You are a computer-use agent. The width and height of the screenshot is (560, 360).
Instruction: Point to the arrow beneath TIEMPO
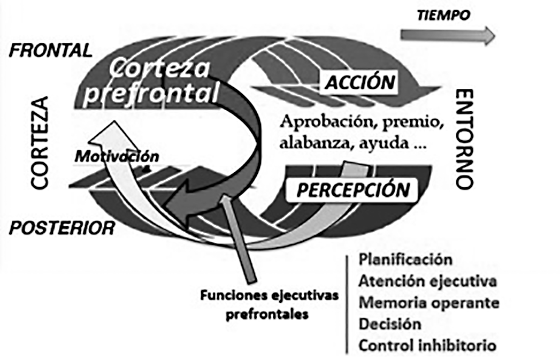449,35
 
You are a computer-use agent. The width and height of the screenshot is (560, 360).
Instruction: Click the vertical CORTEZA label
40,142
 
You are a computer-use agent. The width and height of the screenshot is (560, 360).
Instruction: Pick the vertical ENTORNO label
465,139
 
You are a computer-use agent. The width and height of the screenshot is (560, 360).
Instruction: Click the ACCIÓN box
361,82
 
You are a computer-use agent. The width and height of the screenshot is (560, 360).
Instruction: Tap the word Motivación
117,157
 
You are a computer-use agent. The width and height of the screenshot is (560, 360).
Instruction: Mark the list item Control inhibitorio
427,345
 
